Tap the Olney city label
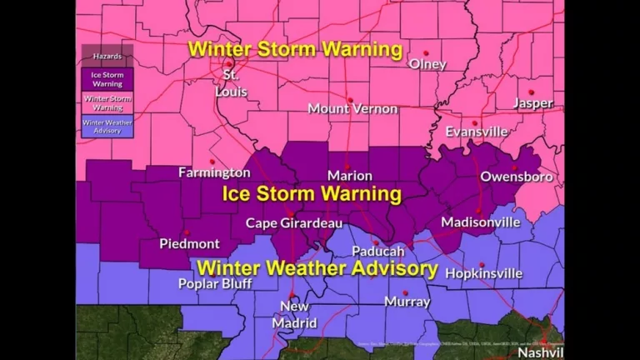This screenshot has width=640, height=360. point(427,64)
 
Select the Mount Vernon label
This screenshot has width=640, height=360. point(347,108)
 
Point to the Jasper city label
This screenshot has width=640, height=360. point(532,103)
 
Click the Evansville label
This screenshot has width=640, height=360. point(476,132)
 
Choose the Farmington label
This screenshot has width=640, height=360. point(214,172)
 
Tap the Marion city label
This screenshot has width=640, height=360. point(349,176)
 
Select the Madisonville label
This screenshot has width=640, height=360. point(480,222)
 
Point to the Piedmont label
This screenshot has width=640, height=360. point(189,243)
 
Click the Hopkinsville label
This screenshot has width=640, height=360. point(484,272)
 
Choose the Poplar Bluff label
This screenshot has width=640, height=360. point(214,283)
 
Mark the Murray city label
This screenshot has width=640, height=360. point(407,302)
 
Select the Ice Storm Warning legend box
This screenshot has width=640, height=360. point(107,78)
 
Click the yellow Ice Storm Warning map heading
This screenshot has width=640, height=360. point(312,195)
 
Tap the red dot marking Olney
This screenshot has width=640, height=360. point(426,52)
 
